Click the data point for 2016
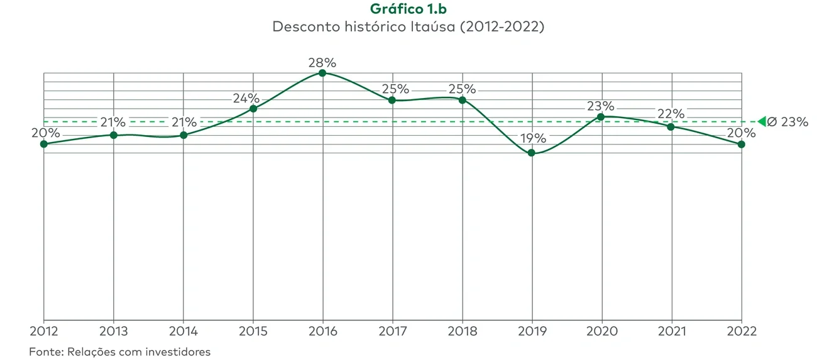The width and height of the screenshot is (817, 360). pos(322,73)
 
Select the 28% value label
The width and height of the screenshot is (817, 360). pos(322,62)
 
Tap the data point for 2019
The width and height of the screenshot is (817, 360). pos(532,153)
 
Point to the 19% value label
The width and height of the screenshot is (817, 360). pos(532,138)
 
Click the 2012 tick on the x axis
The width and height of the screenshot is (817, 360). pos(43,331)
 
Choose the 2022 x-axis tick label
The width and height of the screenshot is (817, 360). pos(742,331)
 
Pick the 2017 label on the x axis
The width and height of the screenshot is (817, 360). pos(392,331)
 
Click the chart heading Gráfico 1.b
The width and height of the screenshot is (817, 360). pos(408,9)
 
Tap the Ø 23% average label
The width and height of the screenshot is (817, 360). pos(788,122)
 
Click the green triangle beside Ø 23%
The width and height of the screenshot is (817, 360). pos(762,121)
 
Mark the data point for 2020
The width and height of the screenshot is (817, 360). pos(601,117)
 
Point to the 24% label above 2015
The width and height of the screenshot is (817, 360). pos(246,98)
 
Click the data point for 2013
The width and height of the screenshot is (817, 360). pos(113,134)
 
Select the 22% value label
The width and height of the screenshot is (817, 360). pos(671,114)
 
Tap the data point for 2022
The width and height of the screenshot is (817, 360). pos(742,144)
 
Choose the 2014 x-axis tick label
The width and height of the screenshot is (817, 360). pos(183,331)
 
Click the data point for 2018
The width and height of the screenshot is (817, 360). pos(462,99)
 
